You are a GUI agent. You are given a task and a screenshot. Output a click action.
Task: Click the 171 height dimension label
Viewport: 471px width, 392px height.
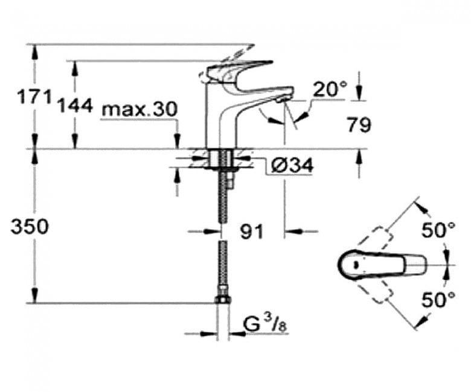[x=34, y=97]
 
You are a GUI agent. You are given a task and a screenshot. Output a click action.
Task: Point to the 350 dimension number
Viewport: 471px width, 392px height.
[x=29, y=226]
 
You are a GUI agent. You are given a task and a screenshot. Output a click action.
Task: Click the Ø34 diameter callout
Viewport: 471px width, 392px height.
[x=292, y=165]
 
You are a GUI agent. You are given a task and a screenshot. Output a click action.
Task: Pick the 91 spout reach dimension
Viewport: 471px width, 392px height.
[x=251, y=231]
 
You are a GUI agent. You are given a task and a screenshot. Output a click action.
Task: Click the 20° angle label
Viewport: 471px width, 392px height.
[x=330, y=89]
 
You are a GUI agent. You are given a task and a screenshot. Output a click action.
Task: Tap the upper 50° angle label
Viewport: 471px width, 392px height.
[x=439, y=230]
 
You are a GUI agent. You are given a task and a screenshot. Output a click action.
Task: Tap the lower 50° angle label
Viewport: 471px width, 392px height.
[x=439, y=300]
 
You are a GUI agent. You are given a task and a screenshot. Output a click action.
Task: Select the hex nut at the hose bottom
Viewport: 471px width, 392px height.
[x=223, y=299]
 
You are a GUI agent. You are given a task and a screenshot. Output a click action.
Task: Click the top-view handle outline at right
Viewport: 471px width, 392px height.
[x=382, y=265]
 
